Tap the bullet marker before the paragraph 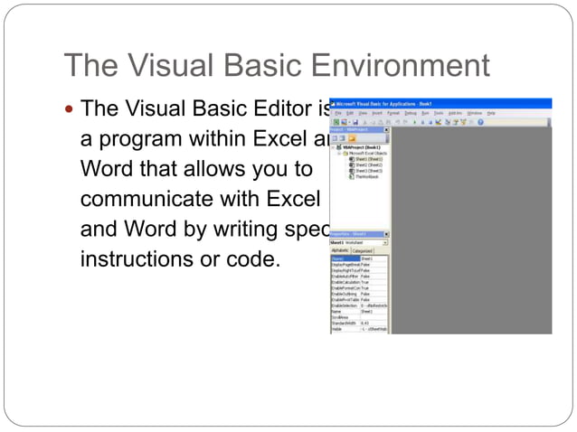point(71,110)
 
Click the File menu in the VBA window point(336,113)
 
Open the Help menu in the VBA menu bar point(491,113)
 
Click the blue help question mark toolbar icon point(480,121)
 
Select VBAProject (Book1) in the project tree point(359,146)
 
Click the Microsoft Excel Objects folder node point(364,153)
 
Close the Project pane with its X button point(386,130)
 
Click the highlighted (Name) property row point(345,258)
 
